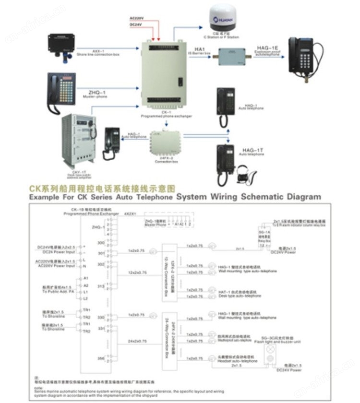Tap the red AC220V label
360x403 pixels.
137,17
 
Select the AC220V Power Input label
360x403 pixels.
56,265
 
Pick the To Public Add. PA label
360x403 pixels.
58,291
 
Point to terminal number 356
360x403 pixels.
100,357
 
